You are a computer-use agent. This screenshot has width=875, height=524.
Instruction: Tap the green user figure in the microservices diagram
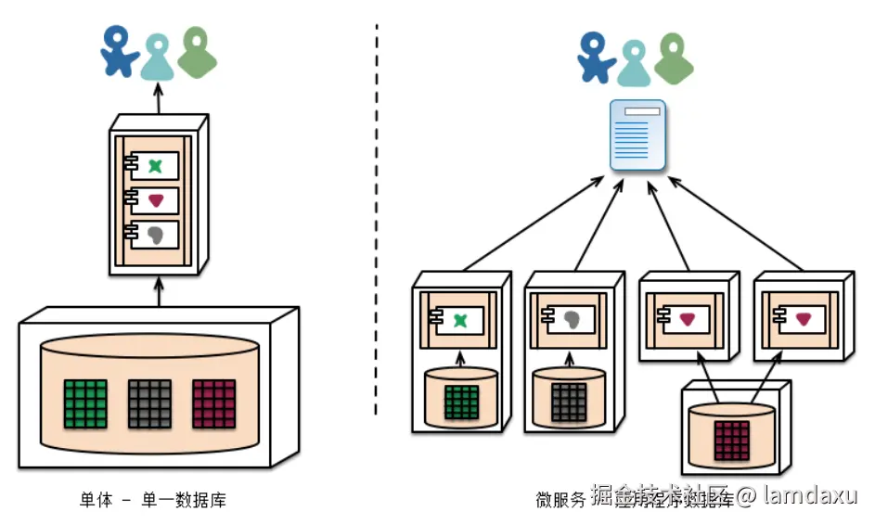(x=675, y=58)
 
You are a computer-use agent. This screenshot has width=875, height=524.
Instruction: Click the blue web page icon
(x=638, y=135)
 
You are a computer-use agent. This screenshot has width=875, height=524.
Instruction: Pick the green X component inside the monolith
(x=155, y=167)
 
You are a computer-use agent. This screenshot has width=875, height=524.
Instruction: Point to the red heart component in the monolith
(x=155, y=200)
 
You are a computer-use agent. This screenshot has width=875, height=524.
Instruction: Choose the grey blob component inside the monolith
(x=155, y=234)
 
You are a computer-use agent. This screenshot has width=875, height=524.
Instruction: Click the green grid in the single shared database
(x=86, y=403)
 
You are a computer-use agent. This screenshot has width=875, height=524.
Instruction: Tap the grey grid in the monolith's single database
(x=150, y=403)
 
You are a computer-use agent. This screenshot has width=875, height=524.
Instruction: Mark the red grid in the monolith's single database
(x=214, y=403)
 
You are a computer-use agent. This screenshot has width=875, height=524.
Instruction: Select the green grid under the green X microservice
(x=461, y=403)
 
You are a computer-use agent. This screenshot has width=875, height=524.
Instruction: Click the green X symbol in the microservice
(x=461, y=320)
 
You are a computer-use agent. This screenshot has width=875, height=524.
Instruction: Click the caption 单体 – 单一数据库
(x=152, y=501)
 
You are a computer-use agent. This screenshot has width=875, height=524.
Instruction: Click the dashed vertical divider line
(x=376, y=232)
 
